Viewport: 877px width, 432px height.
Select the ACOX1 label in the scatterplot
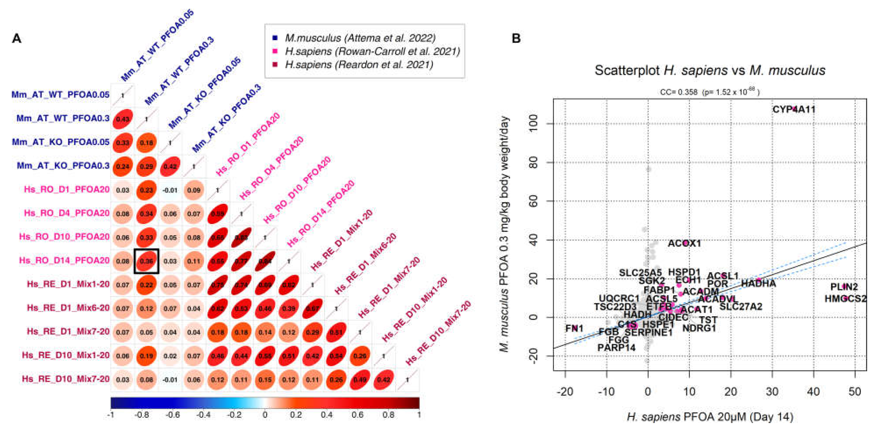coord(684,243)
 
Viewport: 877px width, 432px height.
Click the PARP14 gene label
coord(616,348)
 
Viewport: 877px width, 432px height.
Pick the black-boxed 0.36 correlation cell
coord(146,261)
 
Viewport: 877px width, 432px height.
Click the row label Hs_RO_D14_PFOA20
coord(64,261)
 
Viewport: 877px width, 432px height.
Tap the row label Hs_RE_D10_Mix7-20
coord(66,379)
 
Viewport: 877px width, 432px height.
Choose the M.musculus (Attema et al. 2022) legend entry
coord(360,38)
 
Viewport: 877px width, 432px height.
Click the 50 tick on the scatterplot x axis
coord(855,391)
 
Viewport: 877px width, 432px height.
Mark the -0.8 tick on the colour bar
coord(142,415)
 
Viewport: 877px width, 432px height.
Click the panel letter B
coord(516,38)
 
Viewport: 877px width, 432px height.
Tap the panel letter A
coord(17,38)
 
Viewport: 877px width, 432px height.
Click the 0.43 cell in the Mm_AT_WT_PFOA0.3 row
coord(123,119)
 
